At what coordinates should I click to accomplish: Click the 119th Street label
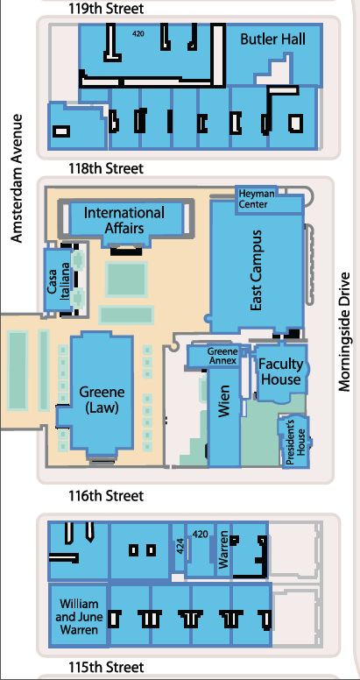105,9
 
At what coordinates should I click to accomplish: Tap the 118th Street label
105,167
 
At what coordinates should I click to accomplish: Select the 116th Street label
105,496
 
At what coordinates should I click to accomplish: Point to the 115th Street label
105,668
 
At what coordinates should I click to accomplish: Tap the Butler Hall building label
272,40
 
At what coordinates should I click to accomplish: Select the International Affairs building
124,220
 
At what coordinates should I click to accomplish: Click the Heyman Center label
254,199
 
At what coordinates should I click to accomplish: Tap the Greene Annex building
222,355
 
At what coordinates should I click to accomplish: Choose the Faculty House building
280,372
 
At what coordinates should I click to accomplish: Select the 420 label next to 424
200,534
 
